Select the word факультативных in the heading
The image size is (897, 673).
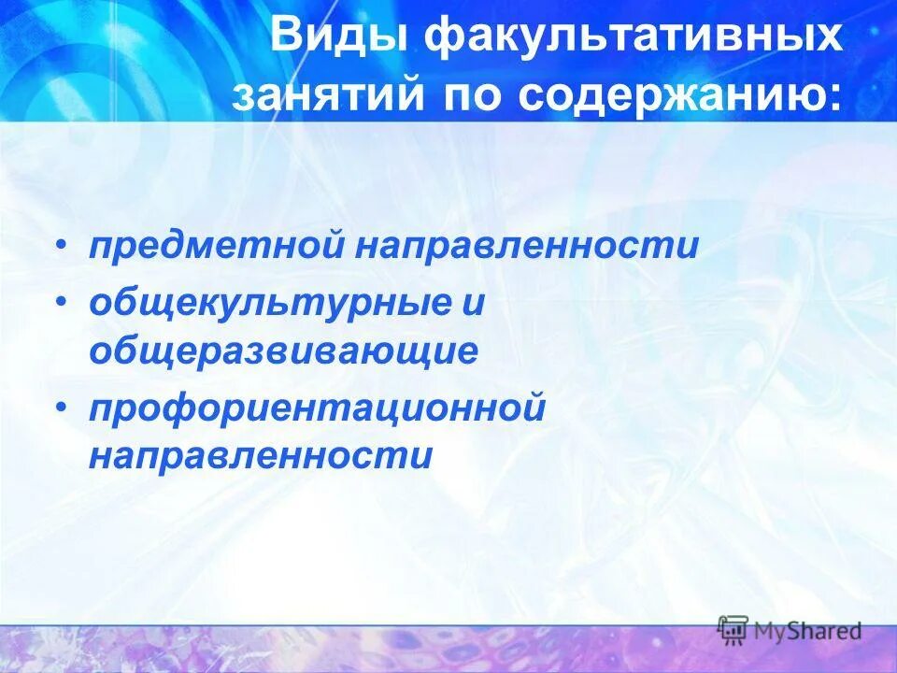coord(634,40)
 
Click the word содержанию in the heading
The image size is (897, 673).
coord(667,95)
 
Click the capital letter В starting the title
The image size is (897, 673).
coord(284,40)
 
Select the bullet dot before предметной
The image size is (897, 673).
coord(61,246)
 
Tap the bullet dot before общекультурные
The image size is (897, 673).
coord(61,304)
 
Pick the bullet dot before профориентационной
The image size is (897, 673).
coord(61,408)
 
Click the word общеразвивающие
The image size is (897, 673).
coord(284,351)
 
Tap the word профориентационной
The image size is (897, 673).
coord(317,409)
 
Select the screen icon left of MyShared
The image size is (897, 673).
coord(733,630)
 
